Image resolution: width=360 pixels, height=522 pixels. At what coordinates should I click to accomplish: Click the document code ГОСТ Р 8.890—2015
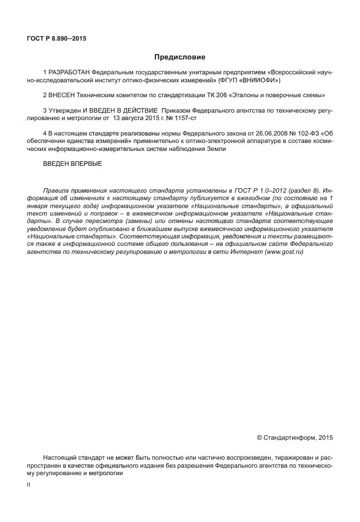pyautogui.click(x=57, y=39)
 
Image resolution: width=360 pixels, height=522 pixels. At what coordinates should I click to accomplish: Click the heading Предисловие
pyautogui.click(x=179, y=57)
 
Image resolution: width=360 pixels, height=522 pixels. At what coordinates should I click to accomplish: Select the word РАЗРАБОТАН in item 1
pyautogui.click(x=69, y=74)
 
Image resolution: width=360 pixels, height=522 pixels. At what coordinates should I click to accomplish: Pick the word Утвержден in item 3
pyautogui.click(x=65, y=108)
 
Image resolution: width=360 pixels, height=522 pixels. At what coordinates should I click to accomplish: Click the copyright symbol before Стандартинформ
pyautogui.click(x=259, y=437)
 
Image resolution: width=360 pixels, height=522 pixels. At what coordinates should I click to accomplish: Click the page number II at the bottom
pyautogui.click(x=29, y=484)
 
